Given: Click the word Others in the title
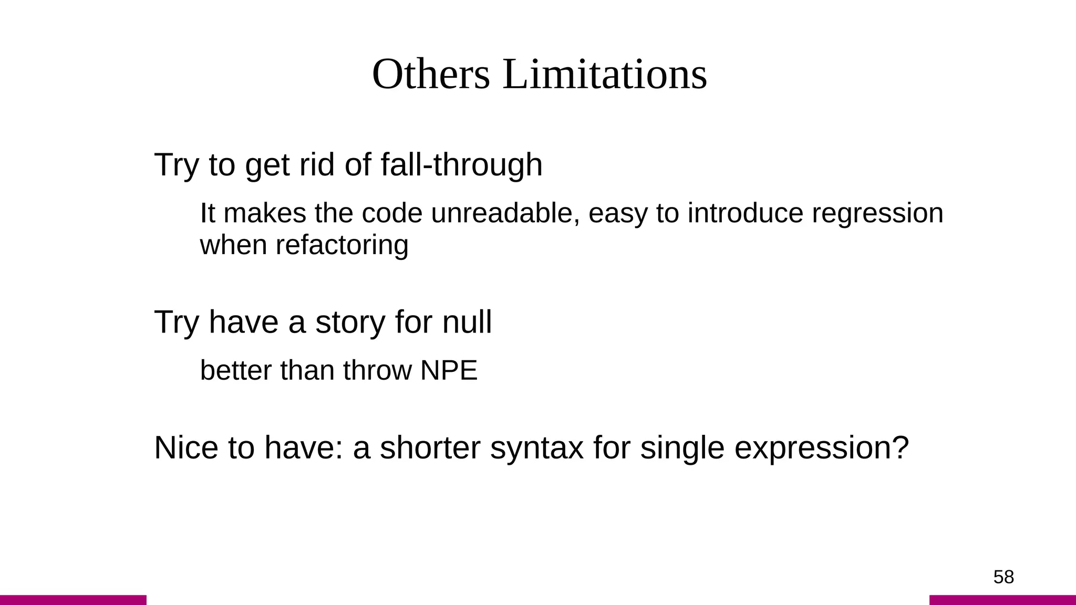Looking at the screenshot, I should (x=430, y=75).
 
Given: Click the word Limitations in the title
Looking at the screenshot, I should (x=605, y=75).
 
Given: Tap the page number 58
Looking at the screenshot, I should (x=1003, y=577).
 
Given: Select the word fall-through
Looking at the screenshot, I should (x=461, y=165).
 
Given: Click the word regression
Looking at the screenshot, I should (x=877, y=214).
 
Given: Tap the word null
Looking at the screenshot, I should (x=467, y=322).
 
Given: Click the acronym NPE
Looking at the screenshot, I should (x=449, y=371).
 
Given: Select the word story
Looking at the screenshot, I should (x=350, y=322).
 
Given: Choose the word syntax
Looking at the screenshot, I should (x=536, y=448).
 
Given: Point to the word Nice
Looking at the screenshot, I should (x=186, y=448).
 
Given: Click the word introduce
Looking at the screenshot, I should (x=745, y=214).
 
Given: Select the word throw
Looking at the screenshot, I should (x=377, y=371).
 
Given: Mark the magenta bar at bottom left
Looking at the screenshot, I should (x=73, y=600).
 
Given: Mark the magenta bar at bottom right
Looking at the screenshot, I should (x=1002, y=600).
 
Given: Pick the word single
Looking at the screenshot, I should (x=682, y=448).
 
